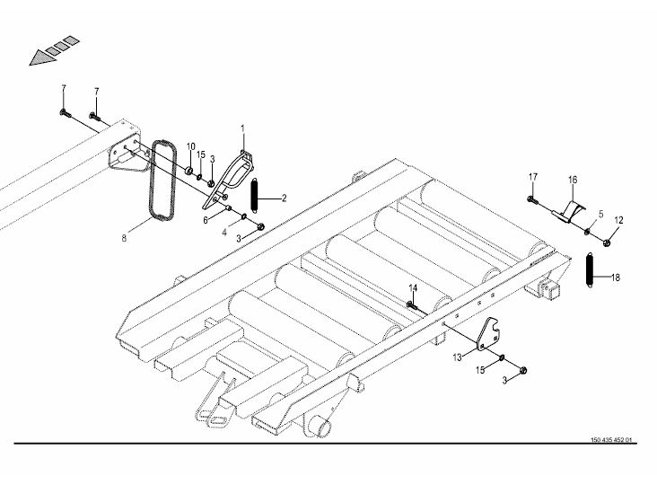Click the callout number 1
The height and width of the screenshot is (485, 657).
click(x=242, y=128)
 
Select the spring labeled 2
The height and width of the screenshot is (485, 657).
click(x=254, y=195)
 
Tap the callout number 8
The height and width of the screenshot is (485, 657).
click(x=124, y=238)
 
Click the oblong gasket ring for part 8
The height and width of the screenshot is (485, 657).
click(x=162, y=180)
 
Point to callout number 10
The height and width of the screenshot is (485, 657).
click(x=190, y=146)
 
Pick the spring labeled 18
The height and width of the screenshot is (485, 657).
click(x=590, y=270)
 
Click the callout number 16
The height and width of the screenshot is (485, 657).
click(x=573, y=180)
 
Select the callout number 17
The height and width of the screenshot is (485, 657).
click(x=532, y=177)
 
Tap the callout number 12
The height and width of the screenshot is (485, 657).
click(x=619, y=220)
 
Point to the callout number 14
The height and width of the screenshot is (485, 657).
click(x=413, y=288)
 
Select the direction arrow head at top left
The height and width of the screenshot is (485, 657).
click(x=42, y=57)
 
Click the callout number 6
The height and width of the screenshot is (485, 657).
click(x=206, y=220)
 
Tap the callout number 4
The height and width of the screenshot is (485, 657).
click(x=224, y=233)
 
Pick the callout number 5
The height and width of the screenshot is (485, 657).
click(x=600, y=215)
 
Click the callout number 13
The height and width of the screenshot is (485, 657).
click(x=457, y=357)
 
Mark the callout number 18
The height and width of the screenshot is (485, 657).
click(x=615, y=278)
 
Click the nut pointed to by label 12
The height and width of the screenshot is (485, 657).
click(x=607, y=242)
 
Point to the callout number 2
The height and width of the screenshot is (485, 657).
click(x=284, y=198)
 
